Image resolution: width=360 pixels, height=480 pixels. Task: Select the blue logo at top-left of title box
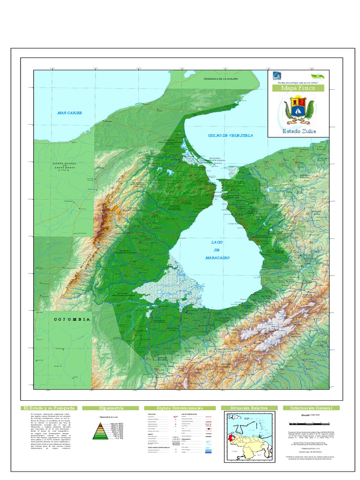coord(277,76)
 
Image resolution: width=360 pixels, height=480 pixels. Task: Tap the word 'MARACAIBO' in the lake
coord(217,258)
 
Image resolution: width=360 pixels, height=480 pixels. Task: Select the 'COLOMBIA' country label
coord(72,319)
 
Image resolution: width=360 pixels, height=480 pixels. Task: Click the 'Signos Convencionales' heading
coord(180,408)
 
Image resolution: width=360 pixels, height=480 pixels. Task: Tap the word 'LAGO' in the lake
coord(217,242)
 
